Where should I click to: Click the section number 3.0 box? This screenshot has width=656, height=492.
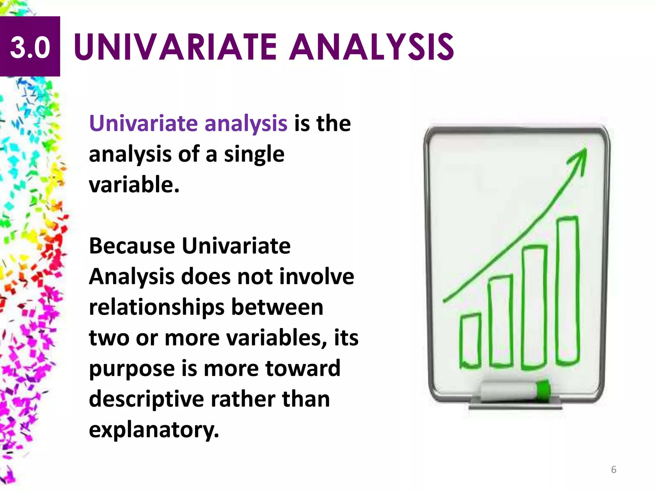pos(30,46)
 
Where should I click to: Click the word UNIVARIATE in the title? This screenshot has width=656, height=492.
pos(175,47)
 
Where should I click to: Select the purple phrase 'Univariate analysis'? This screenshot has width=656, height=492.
pos(188,123)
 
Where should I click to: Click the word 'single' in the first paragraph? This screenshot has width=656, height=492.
pos(254,155)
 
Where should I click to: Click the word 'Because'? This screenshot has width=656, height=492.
pos(132,246)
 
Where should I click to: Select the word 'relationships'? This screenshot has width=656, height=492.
pos(157,307)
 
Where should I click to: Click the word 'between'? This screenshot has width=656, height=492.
pos(277,307)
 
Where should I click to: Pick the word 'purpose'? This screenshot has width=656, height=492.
pos(132,369)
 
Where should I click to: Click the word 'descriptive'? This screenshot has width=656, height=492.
pos(146,399)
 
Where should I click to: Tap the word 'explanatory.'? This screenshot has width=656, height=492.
pos(154,430)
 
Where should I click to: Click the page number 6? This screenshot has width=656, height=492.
pos(613,470)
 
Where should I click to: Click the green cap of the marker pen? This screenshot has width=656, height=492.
pos(543,390)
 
